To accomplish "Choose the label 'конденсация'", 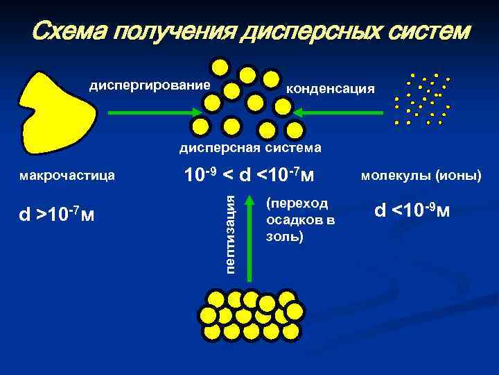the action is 331,89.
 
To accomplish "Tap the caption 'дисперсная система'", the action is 250,147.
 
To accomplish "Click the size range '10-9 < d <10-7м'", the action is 248,176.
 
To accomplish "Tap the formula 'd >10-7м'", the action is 57,214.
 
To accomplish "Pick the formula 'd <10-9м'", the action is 412,208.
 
